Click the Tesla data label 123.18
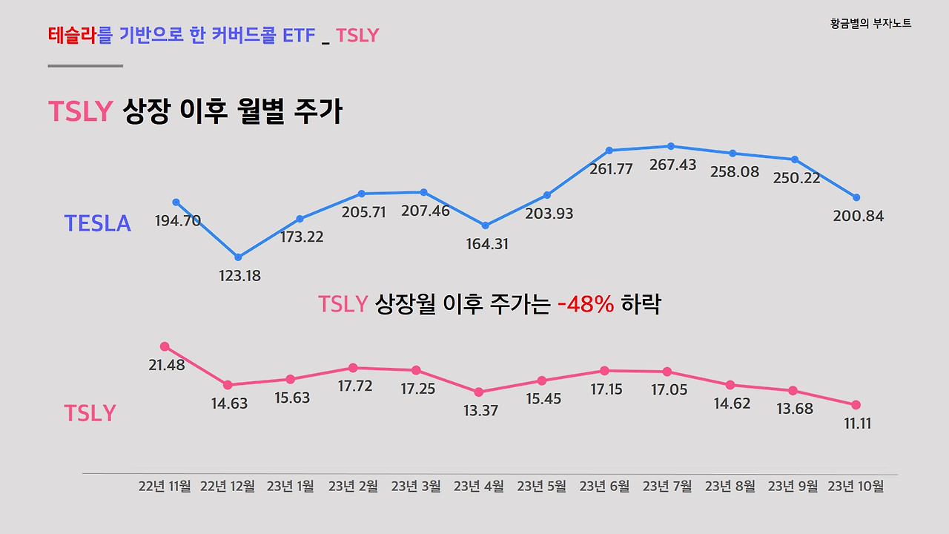tap(239, 276)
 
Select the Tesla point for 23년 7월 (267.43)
tap(671, 146)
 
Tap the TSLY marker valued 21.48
tap(165, 346)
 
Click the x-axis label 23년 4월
tap(479, 487)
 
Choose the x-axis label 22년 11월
tap(165, 487)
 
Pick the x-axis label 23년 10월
tap(856, 487)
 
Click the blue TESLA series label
tap(97, 223)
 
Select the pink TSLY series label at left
tap(90, 413)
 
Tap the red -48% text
tap(586, 304)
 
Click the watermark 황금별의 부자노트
tap(871, 24)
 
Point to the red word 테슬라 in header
tap(73, 35)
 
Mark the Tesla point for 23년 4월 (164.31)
tap(486, 225)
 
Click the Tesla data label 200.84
tap(859, 217)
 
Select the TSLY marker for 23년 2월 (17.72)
tap(354, 368)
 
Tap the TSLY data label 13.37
tap(480, 411)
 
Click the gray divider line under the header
tap(85, 66)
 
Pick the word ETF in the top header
tap(300, 35)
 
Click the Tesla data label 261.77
tap(611, 169)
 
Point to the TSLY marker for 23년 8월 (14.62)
tap(730, 385)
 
